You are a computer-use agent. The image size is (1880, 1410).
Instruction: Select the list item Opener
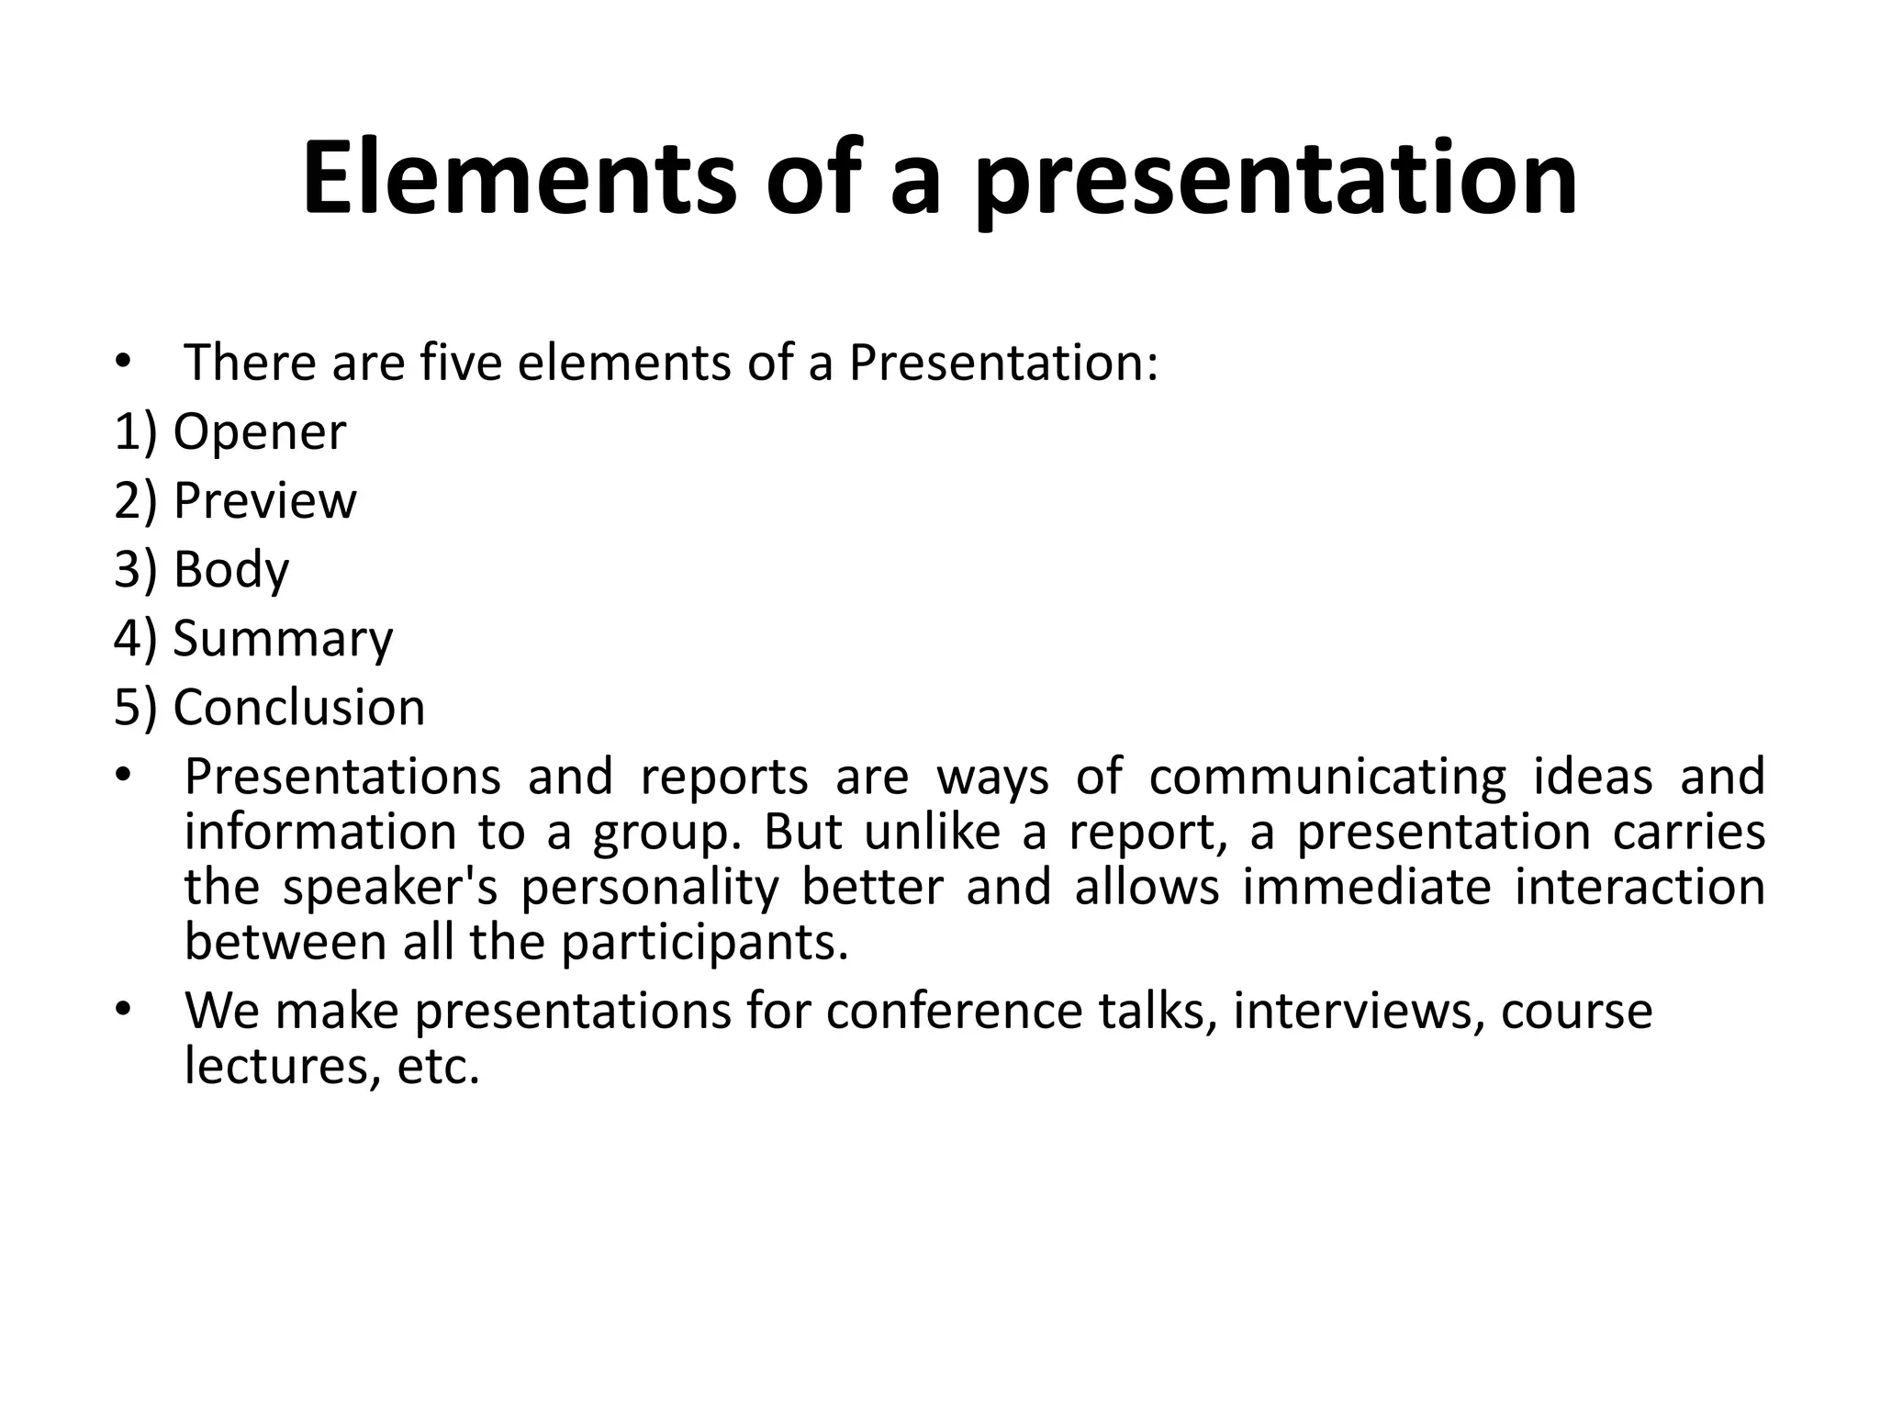pos(259,431)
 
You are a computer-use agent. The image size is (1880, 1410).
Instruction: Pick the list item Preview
pos(264,500)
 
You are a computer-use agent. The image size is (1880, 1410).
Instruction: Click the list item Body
pos(230,569)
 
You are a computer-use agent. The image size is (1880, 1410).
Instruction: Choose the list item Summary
pos(283,638)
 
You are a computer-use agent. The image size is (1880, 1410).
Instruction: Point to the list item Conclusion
pos(299,707)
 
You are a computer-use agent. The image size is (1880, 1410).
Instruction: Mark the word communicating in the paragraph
pos(1327,776)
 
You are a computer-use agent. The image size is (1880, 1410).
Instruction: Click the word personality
pos(650,887)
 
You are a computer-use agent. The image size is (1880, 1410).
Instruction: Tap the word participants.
pos(705,943)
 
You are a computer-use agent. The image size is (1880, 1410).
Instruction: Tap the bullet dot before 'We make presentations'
pos(123,1011)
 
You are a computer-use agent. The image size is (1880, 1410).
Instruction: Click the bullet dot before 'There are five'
pos(123,362)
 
